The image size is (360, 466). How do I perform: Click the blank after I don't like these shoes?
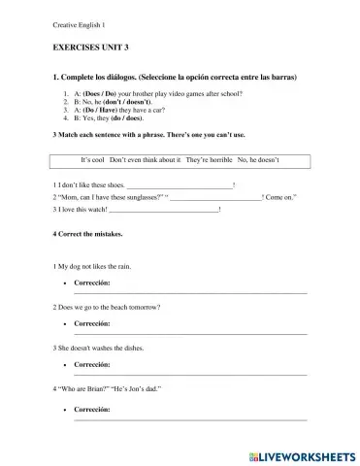(180, 184)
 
